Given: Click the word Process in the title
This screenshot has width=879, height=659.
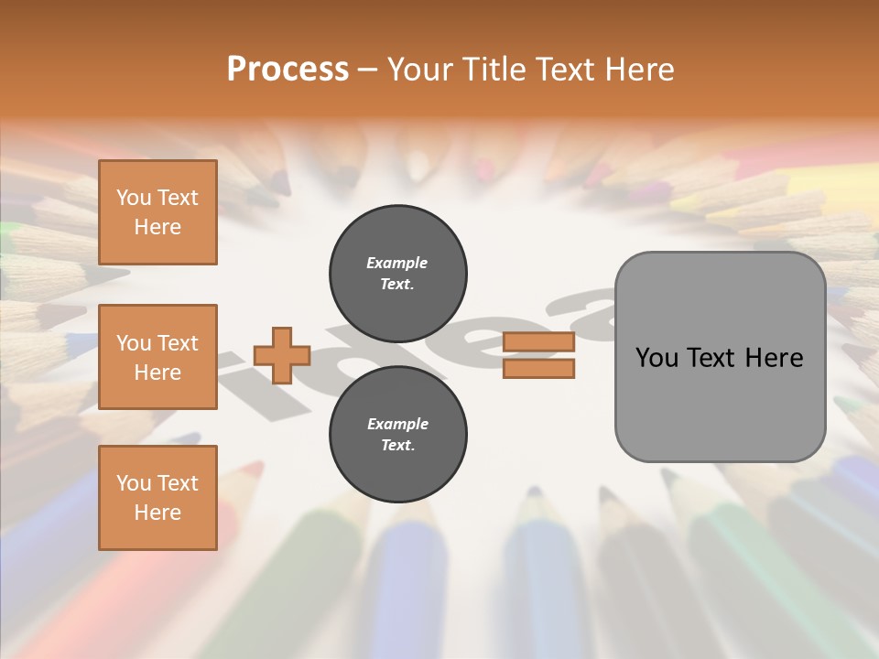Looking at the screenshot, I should (288, 70).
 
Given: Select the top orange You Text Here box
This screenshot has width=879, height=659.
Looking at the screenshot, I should (157, 212).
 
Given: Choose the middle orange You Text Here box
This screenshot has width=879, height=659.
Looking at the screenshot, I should (157, 357).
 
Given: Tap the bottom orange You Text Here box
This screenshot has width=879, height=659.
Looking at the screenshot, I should (157, 498).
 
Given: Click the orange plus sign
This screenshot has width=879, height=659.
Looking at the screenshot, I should (282, 355).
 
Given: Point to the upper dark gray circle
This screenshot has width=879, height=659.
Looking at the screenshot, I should (397, 273).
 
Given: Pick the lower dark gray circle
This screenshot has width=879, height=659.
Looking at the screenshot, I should (397, 434).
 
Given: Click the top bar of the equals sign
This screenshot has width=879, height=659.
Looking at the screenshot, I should (538, 342).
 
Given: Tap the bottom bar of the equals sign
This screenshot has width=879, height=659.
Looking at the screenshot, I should (538, 369).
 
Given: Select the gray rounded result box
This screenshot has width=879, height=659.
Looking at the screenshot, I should (720, 356).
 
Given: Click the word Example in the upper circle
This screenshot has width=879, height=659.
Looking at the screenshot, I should (397, 263).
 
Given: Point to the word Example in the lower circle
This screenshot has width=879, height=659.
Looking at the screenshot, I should (397, 424).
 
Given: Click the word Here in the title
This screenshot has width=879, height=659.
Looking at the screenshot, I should (639, 70).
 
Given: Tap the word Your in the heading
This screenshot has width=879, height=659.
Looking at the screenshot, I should (419, 70).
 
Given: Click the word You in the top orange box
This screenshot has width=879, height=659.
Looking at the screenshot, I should (134, 198).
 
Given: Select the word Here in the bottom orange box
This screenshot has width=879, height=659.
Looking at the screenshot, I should (157, 513).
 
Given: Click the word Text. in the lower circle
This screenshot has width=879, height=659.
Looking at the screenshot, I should (397, 446).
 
